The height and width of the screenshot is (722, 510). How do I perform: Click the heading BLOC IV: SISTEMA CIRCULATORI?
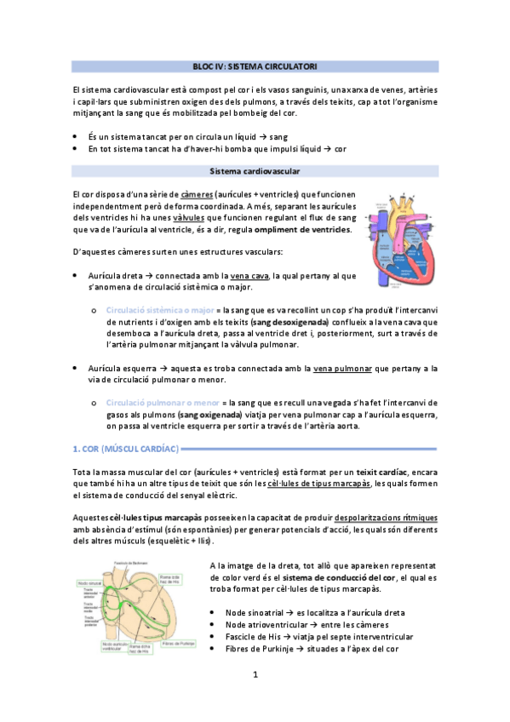[255, 66]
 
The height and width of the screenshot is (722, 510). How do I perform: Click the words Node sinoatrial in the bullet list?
[259, 613]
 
